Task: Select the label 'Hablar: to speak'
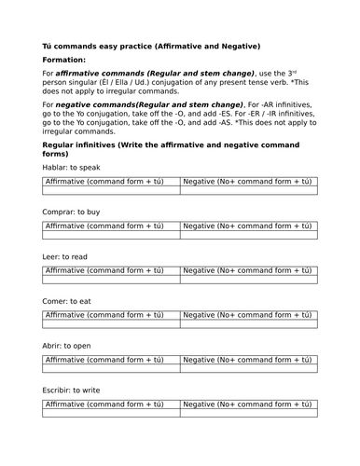point(73,166)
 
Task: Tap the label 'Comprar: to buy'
point(74,212)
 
